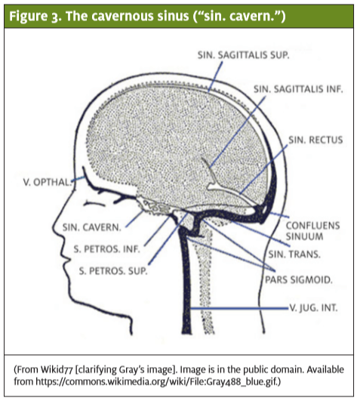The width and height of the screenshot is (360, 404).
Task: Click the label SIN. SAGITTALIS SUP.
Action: tap(243, 55)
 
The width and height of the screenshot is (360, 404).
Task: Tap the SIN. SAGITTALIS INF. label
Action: tap(298, 89)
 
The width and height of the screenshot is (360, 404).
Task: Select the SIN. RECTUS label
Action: tap(315, 140)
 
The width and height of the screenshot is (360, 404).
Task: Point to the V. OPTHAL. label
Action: tap(47, 182)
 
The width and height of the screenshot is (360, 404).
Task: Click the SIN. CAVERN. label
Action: tap(91, 227)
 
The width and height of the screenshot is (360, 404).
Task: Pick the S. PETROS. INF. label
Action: tap(106, 249)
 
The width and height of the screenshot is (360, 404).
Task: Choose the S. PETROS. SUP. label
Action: tap(113, 271)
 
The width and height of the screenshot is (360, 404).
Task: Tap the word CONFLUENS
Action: tap(313, 226)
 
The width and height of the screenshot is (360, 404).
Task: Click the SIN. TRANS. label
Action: tap(294, 254)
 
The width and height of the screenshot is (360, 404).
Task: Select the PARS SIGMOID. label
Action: tap(299, 280)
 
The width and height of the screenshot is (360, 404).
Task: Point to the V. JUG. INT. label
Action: tap(313, 307)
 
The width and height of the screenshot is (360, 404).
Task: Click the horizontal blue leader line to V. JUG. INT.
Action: tap(239, 308)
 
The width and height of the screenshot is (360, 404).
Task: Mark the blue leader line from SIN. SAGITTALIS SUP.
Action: tap(216, 77)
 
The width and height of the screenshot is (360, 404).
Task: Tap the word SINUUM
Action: tap(304, 236)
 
